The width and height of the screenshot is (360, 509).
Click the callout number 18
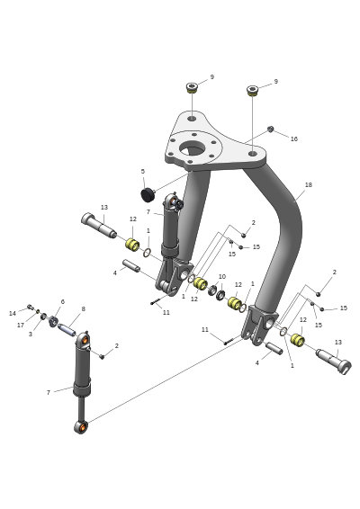[309, 184]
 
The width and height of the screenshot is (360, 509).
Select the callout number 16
[293, 138]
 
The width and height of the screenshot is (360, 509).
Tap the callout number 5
[142, 171]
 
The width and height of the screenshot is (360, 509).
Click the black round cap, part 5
[148, 194]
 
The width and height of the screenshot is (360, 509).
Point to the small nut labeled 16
[270, 129]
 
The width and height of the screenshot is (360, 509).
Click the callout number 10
[222, 277]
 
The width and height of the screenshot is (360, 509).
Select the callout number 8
[83, 309]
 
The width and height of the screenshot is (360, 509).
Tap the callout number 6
[63, 301]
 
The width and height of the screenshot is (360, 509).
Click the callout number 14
[13, 313]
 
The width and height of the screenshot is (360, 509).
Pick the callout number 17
[21, 325]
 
